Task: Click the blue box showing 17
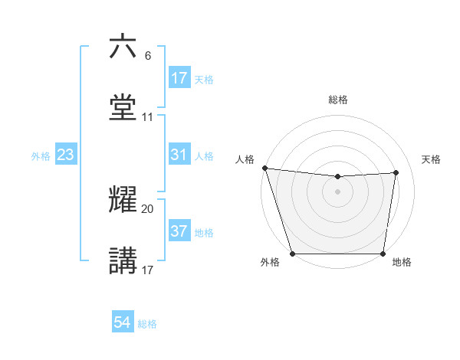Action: (179, 78)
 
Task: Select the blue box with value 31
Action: (179, 155)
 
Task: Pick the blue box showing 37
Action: (179, 231)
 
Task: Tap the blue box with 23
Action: (66, 155)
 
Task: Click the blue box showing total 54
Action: (123, 323)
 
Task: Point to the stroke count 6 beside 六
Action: (148, 55)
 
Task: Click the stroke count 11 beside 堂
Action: (148, 117)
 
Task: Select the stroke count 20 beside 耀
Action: (148, 208)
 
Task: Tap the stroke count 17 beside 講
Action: (148, 270)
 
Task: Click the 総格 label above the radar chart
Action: (338, 100)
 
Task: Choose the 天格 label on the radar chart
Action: (432, 159)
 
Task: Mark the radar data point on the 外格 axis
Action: (292, 253)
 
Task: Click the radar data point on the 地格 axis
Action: (383, 253)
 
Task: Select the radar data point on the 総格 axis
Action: (338, 177)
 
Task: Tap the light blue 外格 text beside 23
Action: (41, 155)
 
